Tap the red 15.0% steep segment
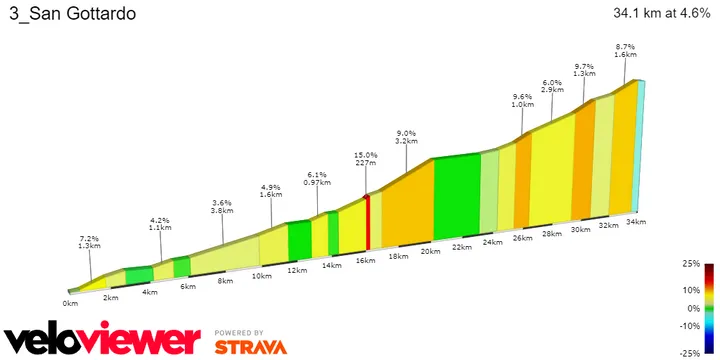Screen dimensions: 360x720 coord(367,223)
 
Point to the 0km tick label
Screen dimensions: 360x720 coord(70,302)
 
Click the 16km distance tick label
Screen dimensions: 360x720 coord(366,260)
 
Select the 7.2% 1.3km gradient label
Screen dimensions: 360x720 coord(89,242)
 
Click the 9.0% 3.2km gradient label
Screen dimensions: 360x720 coord(405,137)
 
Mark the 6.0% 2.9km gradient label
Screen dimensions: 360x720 coord(552,87)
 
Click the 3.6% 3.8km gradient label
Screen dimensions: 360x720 coord(222,207)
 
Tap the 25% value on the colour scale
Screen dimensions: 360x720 coord(691,264)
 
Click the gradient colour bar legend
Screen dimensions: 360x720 coord(708,308)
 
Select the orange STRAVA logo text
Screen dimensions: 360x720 coord(250,347)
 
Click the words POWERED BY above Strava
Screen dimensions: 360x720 coord(239,332)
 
